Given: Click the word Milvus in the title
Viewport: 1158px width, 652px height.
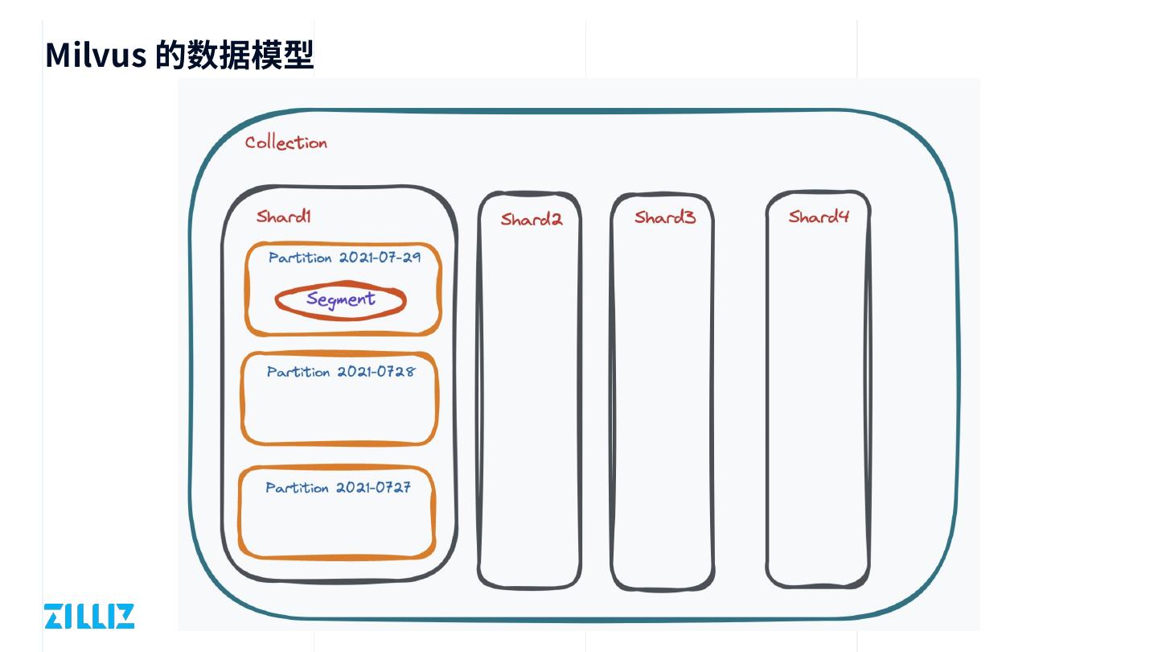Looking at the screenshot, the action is pos(95,55).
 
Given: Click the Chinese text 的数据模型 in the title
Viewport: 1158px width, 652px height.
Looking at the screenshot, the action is pos(234,55).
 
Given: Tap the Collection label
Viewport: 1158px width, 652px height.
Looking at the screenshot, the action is pos(286,142).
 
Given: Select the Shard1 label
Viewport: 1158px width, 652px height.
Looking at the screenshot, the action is pos(284,216).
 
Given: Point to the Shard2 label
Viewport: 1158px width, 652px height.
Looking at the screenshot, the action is pos(532,219).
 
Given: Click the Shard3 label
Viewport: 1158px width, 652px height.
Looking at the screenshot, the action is pos(665,217).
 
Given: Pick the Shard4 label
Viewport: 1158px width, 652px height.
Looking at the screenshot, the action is pos(819,216).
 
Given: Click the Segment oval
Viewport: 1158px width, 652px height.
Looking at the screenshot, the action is pos(340,300).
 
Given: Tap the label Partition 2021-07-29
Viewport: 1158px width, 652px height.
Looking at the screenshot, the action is pos(344,258).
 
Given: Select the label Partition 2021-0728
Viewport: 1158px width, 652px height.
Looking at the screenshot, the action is pos(341,372).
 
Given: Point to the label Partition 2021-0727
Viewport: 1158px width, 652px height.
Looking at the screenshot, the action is pos(339,488).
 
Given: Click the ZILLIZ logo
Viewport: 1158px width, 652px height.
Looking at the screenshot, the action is pos(89,616).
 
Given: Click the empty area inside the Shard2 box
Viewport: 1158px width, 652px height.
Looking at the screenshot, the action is pos(530,402).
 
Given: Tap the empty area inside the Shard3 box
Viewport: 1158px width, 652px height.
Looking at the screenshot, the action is pos(663,402).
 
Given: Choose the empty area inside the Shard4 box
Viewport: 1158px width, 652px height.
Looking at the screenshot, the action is pos(818,402).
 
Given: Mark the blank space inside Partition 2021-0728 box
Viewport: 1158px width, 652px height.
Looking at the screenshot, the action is pos(340,411).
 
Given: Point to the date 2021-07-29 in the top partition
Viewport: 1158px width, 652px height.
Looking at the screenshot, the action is pos(380,258).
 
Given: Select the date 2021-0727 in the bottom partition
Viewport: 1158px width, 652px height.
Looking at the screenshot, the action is pos(373,488).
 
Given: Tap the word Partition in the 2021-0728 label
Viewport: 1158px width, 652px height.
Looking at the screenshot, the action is pos(298,372).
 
